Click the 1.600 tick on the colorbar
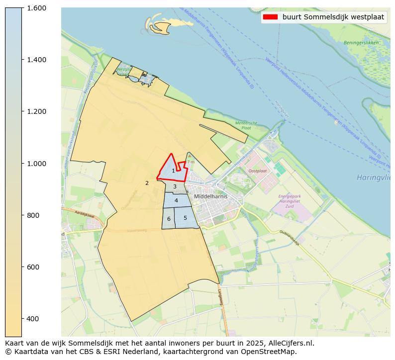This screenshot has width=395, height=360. coord(36,8)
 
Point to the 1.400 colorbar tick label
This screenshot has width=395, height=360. coord(36,60)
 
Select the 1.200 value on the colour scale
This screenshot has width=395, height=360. coord(36,111)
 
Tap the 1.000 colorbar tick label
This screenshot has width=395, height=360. coord(36,164)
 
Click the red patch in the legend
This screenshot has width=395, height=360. coord(271,17)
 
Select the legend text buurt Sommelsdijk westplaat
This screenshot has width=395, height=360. coord(333,17)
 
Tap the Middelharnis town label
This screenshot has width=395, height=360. coord(211,196)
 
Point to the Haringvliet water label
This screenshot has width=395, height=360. coord(373,177)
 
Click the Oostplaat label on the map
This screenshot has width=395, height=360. coord(257,171)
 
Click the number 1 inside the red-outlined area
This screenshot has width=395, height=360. coord(173,171)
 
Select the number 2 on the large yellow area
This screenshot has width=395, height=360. coord(147,183)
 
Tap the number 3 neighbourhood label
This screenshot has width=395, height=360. coord(175,186)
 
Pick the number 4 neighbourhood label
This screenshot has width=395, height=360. coord(176,200)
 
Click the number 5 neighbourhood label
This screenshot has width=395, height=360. coord(185,218)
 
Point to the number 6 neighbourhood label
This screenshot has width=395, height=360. coord(169,219)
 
